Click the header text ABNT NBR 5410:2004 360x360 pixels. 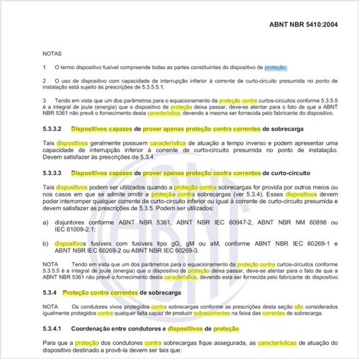pos(303,24)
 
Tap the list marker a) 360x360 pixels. pos(45,223)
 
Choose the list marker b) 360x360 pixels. pos(45,244)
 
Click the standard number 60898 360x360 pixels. pos(308,223)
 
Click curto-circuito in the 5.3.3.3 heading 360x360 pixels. pos(269,173)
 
